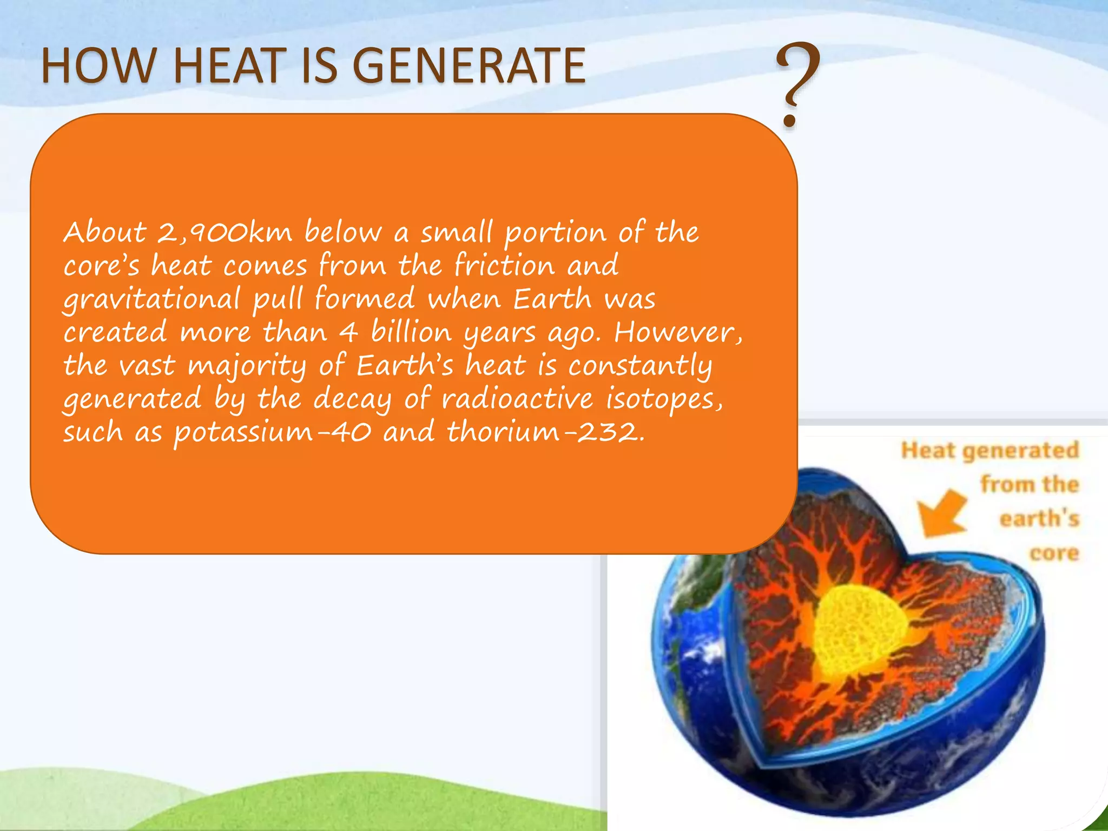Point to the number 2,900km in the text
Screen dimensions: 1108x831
point(225,233)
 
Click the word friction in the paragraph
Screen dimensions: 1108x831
point(504,266)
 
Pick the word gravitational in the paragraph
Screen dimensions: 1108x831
point(151,299)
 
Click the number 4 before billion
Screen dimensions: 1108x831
point(348,332)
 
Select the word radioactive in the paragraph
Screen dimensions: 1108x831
point(517,399)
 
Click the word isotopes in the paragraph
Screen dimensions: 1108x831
point(663,399)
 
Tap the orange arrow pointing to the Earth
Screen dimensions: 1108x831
point(941,513)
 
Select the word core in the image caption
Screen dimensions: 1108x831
point(1054,553)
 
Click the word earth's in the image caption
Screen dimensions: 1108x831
point(1039,518)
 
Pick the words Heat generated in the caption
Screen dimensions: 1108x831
point(990,450)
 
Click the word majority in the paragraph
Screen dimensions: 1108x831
point(247,366)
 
